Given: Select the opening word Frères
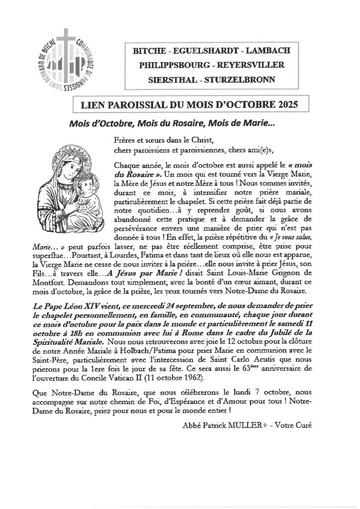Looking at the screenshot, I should pos(124,141).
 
